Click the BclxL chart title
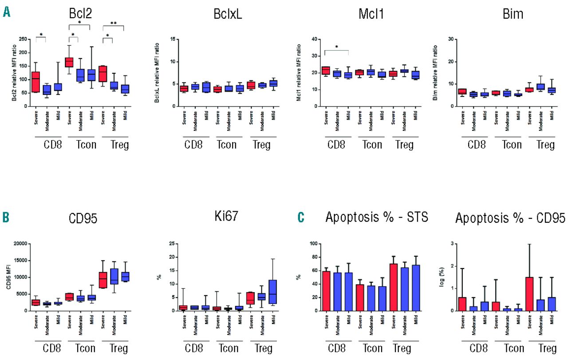227,14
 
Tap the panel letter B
6,218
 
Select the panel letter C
301,218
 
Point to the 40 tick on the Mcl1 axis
314,39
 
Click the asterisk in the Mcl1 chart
336,47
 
